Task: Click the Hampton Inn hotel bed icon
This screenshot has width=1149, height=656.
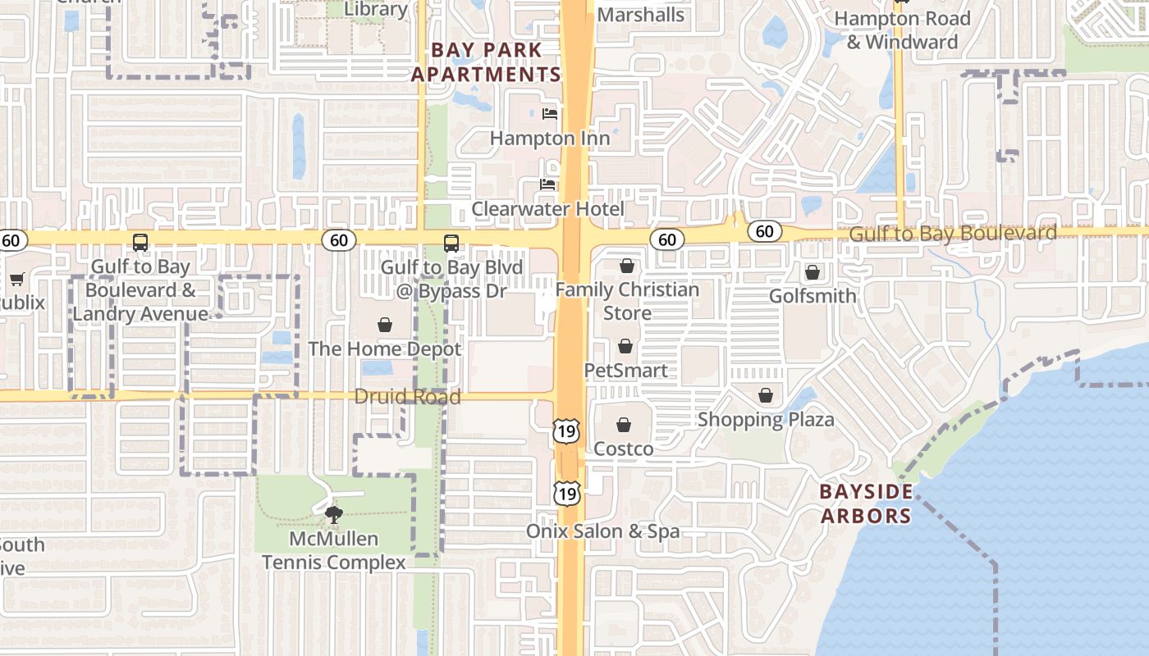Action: (x=550, y=113)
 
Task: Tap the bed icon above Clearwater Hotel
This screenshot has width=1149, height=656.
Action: (x=547, y=184)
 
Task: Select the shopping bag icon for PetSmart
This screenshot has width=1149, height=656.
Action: (x=625, y=346)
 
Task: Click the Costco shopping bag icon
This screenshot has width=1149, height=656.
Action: (x=624, y=425)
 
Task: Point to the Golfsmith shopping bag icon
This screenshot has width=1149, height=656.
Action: (x=813, y=271)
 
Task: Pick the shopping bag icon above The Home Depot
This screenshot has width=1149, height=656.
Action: (x=384, y=325)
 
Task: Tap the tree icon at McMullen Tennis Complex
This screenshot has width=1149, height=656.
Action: (x=333, y=515)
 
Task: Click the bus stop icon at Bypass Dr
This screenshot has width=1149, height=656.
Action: (x=451, y=243)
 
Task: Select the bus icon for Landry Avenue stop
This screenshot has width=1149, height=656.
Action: (x=140, y=243)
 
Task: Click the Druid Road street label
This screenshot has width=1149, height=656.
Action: (x=407, y=397)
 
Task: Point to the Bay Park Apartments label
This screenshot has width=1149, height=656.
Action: (x=486, y=62)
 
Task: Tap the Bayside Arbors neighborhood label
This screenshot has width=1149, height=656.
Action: (x=866, y=503)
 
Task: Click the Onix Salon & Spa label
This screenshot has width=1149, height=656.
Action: (x=602, y=531)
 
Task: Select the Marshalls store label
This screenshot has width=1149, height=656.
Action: (x=640, y=15)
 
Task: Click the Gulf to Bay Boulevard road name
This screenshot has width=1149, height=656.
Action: (x=952, y=234)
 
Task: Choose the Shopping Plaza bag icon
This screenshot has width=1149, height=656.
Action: (x=766, y=396)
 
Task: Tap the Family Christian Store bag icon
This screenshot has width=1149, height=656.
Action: (x=627, y=266)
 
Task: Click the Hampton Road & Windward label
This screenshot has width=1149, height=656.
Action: (x=902, y=30)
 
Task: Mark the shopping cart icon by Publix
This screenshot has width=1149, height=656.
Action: (x=16, y=279)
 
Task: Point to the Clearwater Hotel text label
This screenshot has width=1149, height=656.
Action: (x=547, y=209)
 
